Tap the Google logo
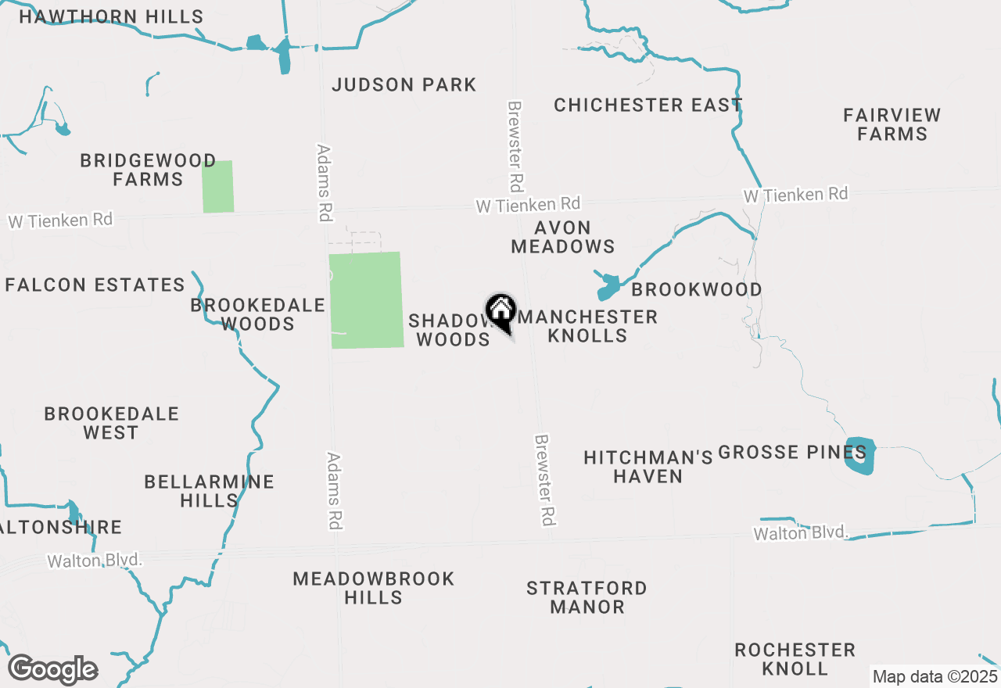(52, 670)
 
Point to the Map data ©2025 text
(935, 676)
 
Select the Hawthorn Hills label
(111, 16)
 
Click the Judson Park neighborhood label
(404, 85)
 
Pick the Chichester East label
(648, 105)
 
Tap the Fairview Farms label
(892, 124)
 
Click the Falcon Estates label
(95, 285)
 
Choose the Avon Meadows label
(563, 237)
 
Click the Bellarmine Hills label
(209, 491)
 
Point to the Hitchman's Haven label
(648, 467)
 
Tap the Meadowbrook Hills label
(374, 588)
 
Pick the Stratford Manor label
(587, 597)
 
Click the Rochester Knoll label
(795, 659)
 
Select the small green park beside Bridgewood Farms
(218, 186)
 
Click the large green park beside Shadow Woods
(366, 299)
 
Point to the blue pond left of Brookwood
(608, 288)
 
